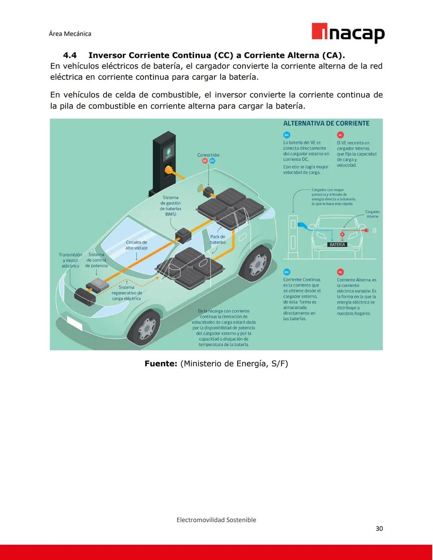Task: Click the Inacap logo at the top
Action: (x=348, y=33)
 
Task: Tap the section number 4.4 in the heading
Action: (x=70, y=55)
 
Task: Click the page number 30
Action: (x=379, y=528)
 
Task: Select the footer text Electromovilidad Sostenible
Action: (x=216, y=520)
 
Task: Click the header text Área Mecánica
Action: (x=70, y=34)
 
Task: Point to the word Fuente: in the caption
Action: (x=161, y=364)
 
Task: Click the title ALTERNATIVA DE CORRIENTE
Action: (x=326, y=123)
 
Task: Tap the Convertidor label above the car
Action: (x=208, y=155)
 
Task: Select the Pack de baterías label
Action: (x=218, y=239)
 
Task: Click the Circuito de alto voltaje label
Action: (x=136, y=245)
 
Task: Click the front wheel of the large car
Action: (x=146, y=328)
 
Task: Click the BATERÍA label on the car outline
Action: (x=337, y=245)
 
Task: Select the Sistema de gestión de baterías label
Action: (x=170, y=206)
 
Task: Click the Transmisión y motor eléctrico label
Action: (x=70, y=260)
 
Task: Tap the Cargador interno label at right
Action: (x=372, y=214)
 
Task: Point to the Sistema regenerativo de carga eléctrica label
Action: (x=126, y=293)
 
